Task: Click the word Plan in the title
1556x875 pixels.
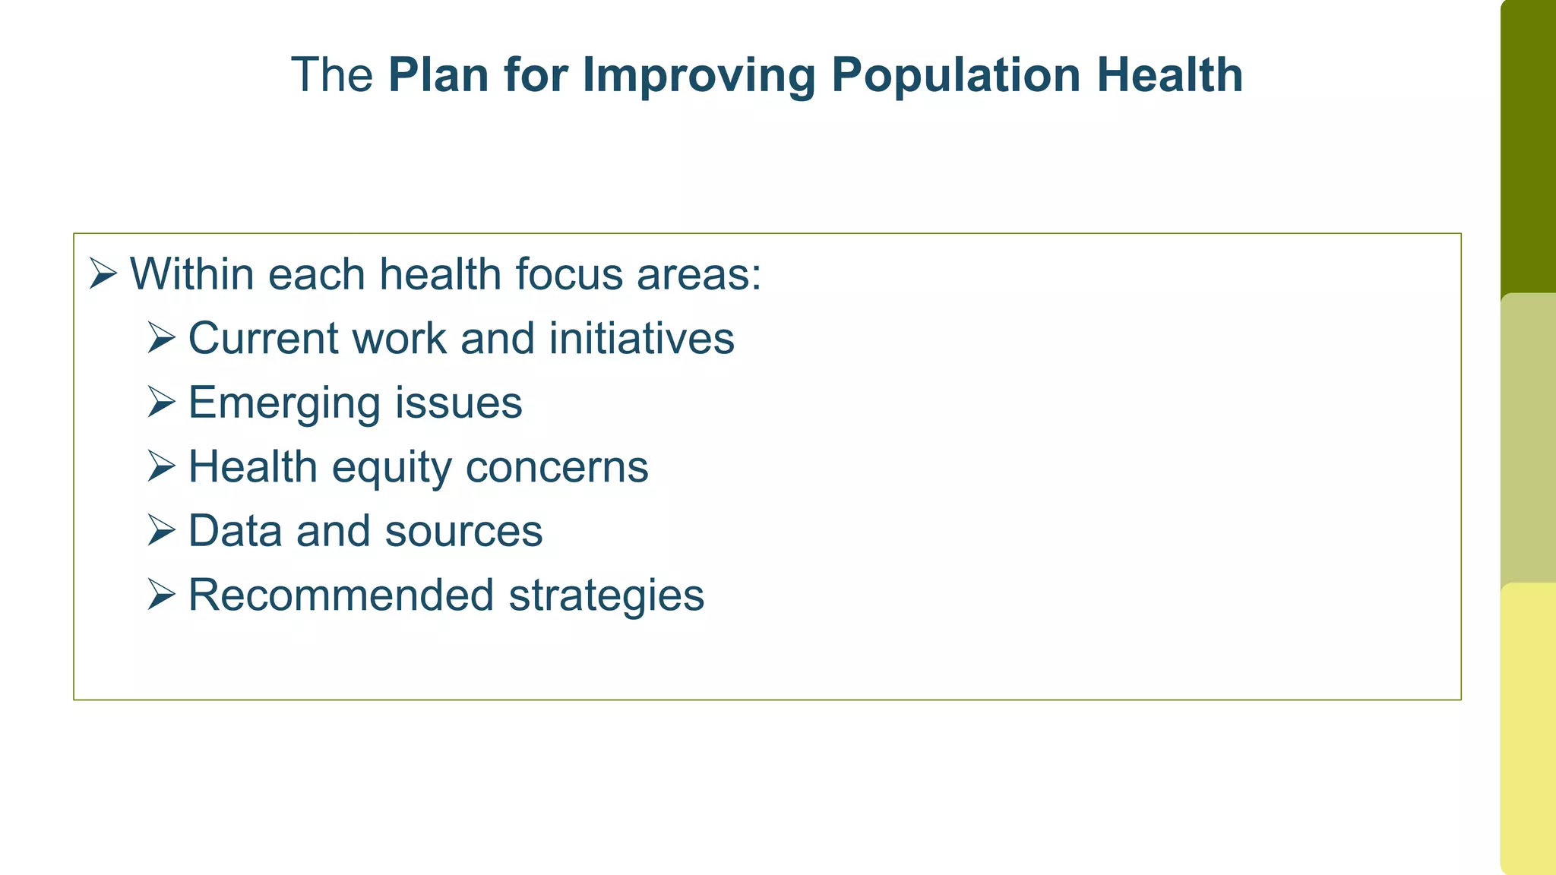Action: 438,75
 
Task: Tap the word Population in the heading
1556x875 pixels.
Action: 956,75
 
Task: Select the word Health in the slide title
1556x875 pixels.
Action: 1169,75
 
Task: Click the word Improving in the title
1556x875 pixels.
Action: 698,75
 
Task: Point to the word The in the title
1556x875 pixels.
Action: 332,75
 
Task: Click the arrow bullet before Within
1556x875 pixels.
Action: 103,273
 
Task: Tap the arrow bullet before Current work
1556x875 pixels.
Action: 162,337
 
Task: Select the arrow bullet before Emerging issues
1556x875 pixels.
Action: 162,402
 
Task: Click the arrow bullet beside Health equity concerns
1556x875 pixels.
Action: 162,466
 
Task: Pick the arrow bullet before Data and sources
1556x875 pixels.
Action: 162,530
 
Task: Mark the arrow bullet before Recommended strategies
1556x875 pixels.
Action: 162,594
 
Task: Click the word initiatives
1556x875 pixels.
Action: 641,337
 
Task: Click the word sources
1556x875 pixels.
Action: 463,530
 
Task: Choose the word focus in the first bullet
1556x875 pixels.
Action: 568,273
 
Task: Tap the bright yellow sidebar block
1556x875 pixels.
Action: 1528,729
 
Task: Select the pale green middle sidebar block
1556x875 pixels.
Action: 1528,438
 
